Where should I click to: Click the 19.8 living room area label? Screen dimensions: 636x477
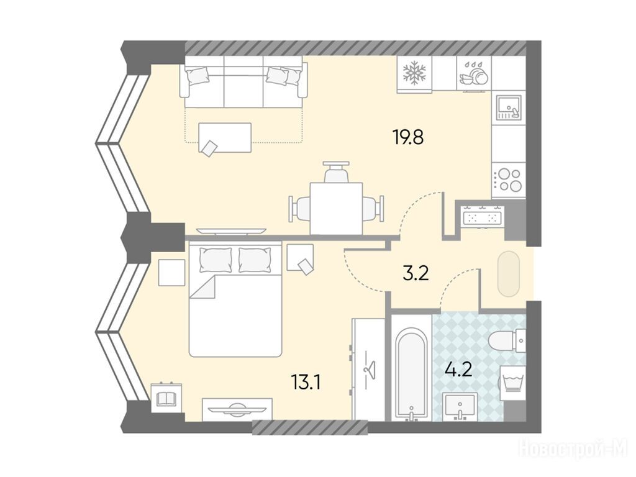click(408, 137)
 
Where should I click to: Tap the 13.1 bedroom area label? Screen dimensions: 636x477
click(306, 382)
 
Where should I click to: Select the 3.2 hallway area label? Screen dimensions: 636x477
click(416, 274)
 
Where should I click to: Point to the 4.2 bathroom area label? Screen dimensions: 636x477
click(458, 370)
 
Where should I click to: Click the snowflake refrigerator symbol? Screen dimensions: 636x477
click(414, 73)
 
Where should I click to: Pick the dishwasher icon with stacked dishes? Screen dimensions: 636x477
click(474, 74)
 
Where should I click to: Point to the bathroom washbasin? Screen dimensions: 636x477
click(460, 406)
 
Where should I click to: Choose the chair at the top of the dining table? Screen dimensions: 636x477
click(336, 172)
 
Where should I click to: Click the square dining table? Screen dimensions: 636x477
click(336, 209)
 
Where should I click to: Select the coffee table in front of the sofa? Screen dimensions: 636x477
click(225, 138)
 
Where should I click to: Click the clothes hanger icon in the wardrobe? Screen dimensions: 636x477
click(370, 369)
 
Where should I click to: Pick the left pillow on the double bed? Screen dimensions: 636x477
click(216, 260)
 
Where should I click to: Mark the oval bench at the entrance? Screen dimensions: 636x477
click(508, 274)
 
